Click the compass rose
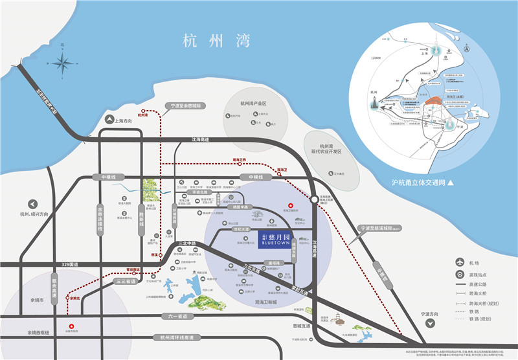[x=63, y=63]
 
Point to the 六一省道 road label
[x=175, y=316]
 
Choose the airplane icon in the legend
[x=460, y=263]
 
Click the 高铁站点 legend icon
[x=460, y=275]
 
